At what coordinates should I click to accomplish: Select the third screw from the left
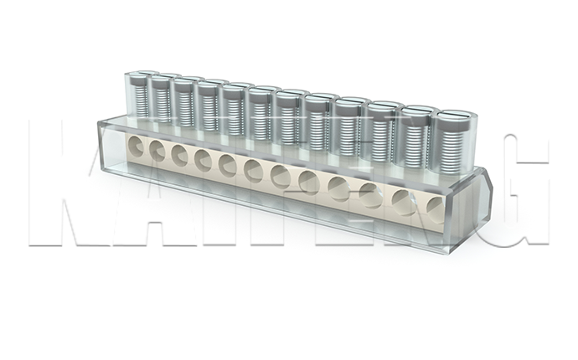coord(184,101)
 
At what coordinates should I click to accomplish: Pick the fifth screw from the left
coord(233,108)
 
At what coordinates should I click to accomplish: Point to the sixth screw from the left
coord(261,112)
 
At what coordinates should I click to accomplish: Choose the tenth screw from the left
coord(381,131)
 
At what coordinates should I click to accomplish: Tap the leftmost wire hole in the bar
coord(136,146)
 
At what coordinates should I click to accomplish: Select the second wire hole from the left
coord(157,150)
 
